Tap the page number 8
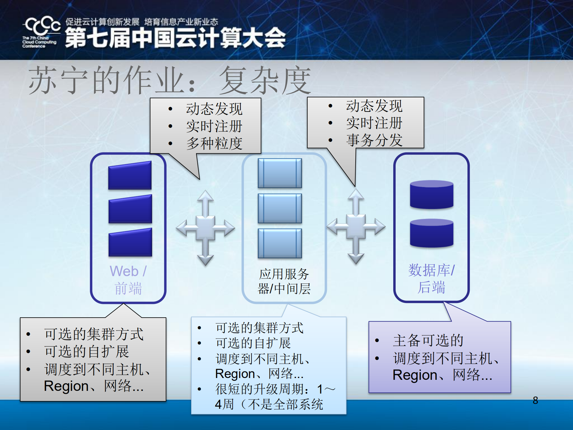tap(535, 400)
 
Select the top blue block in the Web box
tap(130, 176)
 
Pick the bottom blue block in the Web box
tap(130, 243)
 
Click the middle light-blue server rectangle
tap(280, 209)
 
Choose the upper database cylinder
tap(431, 195)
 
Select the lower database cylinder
tap(431, 233)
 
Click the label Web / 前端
tap(128, 280)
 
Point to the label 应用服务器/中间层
tap(284, 281)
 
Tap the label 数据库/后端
tap(431, 278)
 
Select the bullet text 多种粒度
tap(214, 143)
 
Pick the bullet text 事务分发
tap(374, 140)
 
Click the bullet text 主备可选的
tap(428, 340)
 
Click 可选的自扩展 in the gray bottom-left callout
tap(87, 351)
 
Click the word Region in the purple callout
tap(415, 375)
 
